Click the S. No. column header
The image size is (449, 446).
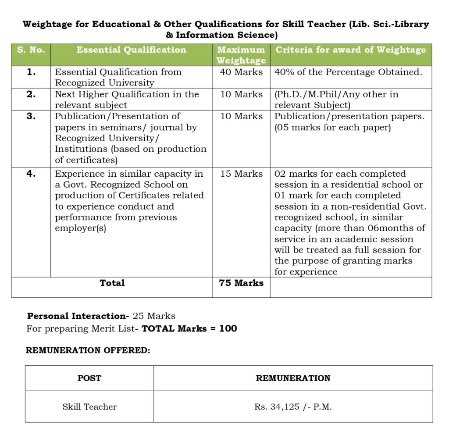point(31,50)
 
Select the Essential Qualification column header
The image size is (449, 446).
point(131,50)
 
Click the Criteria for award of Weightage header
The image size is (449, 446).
point(350,50)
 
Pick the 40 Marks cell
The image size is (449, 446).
point(241,72)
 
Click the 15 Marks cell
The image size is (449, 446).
point(241,174)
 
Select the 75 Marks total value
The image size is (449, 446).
point(241,283)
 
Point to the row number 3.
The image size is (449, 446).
point(31,116)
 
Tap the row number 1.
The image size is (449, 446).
point(31,72)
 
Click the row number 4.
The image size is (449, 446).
point(31,174)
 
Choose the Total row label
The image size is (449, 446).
point(112,283)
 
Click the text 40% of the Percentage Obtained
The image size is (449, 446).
point(348,72)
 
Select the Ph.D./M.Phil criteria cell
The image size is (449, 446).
point(336,100)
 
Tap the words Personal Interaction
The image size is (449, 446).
point(78,316)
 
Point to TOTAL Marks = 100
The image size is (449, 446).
point(189,328)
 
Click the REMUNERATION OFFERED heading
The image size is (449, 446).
point(88,350)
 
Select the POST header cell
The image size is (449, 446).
point(89,378)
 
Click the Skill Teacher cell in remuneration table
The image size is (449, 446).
point(89,407)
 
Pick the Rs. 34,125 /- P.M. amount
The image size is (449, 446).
point(293,407)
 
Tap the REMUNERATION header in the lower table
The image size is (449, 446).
point(293,378)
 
